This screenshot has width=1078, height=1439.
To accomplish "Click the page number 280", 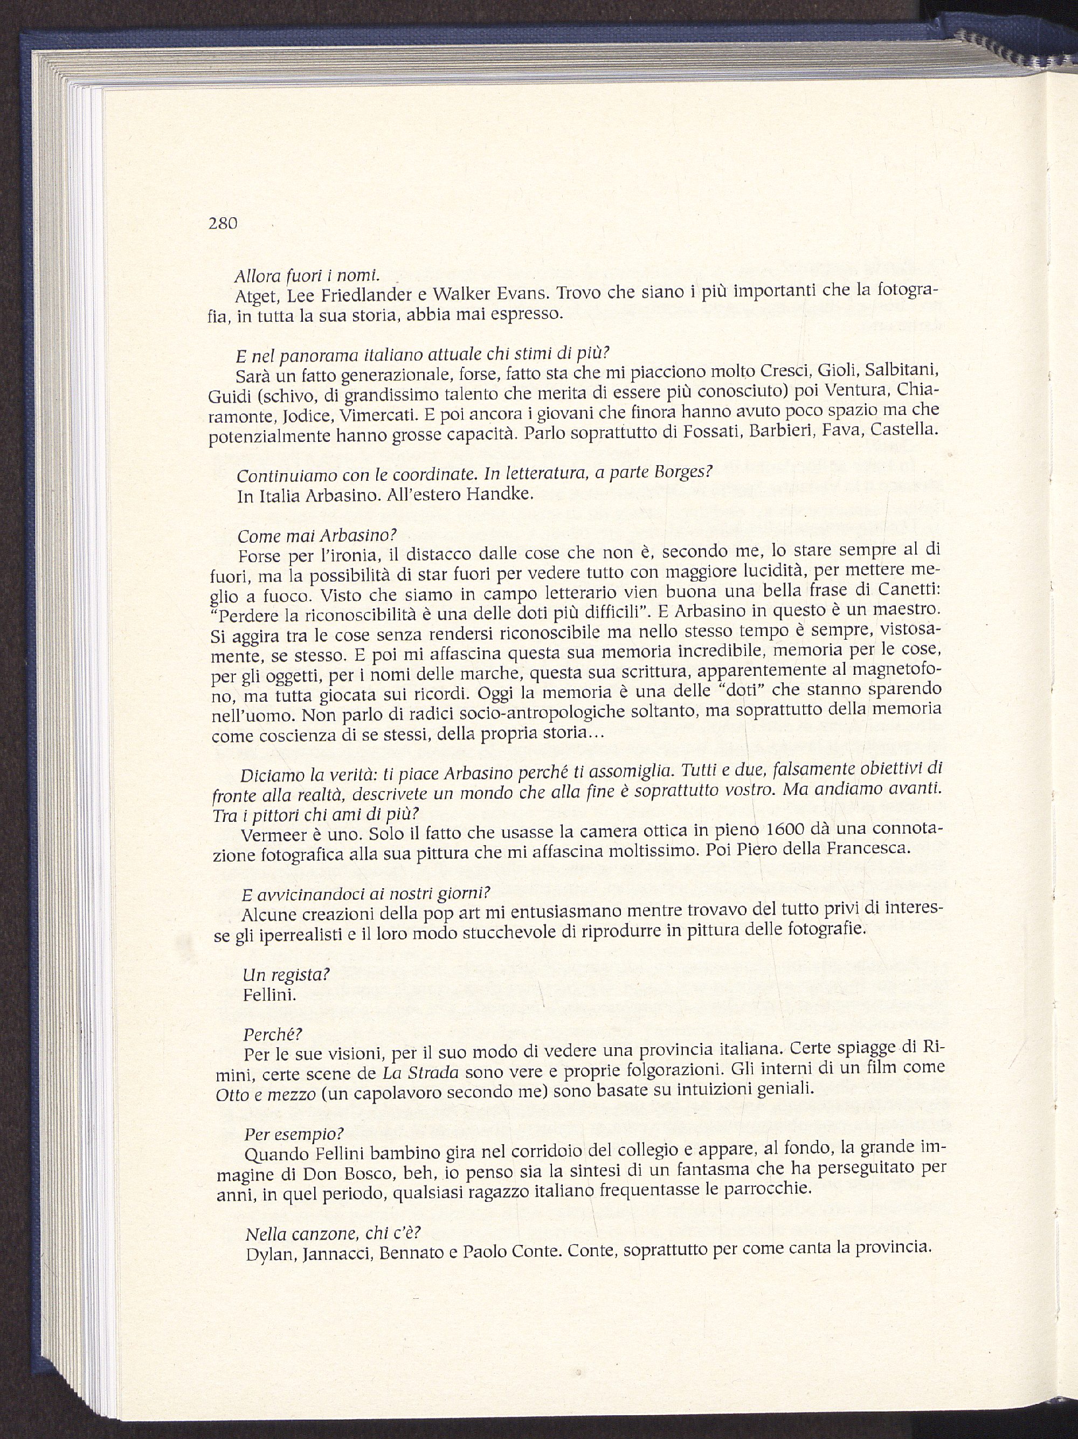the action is pos(223,224).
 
